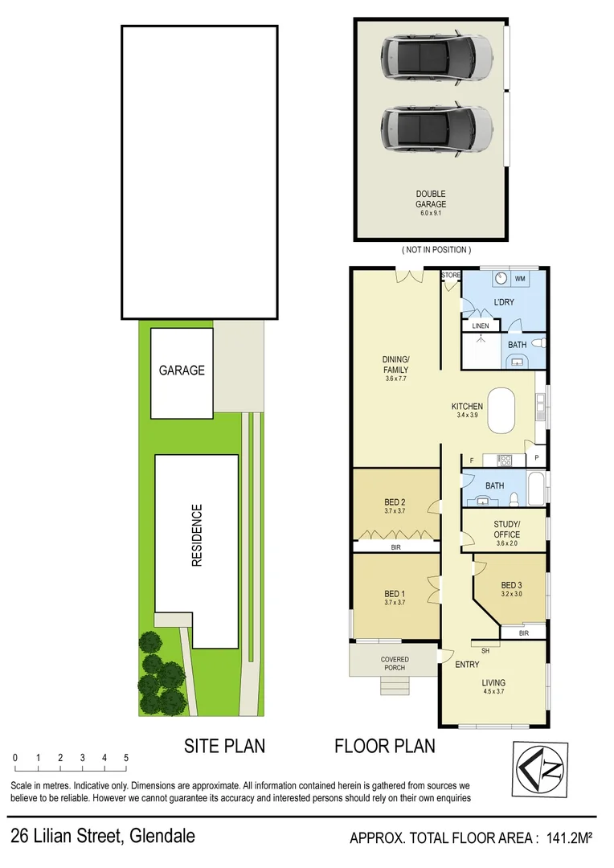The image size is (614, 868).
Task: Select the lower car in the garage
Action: click(436, 128)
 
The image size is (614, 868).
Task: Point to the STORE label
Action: click(451, 276)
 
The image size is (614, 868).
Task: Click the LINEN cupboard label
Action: click(481, 325)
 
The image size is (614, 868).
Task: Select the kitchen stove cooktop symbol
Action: click(506, 461)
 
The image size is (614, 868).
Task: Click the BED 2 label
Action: click(395, 505)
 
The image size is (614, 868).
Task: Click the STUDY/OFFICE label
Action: click(507, 530)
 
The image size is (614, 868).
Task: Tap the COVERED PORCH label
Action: click(395, 664)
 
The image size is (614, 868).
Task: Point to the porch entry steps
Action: click(394, 686)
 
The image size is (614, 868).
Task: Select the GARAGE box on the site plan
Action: click(182, 371)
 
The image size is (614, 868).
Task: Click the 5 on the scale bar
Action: click(126, 758)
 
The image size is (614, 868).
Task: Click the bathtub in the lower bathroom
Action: click(537, 488)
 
